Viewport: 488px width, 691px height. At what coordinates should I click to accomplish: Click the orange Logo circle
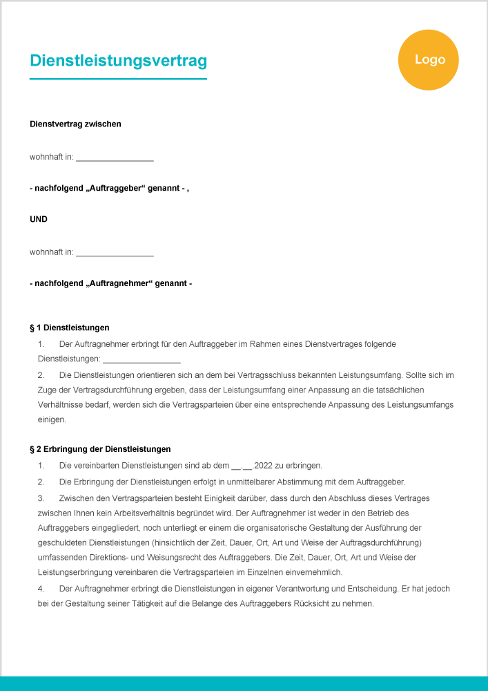428,60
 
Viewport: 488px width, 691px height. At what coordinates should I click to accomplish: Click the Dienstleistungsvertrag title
118,61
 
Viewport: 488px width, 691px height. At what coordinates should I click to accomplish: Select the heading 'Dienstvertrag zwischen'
75,124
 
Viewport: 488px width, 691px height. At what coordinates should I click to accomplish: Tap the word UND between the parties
39,220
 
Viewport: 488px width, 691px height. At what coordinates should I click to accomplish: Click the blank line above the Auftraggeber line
115,158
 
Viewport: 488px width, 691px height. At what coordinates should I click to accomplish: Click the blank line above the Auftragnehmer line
115,253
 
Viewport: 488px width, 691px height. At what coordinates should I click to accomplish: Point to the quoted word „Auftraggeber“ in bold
116,188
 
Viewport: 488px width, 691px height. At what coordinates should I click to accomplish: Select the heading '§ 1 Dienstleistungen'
69,328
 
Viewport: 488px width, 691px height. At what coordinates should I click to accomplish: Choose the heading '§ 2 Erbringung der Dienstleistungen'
100,449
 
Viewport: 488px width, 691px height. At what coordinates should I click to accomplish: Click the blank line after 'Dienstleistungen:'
141,360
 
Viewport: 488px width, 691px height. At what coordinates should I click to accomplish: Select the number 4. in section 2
41,588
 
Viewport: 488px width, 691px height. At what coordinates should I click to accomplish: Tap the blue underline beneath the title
118,79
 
